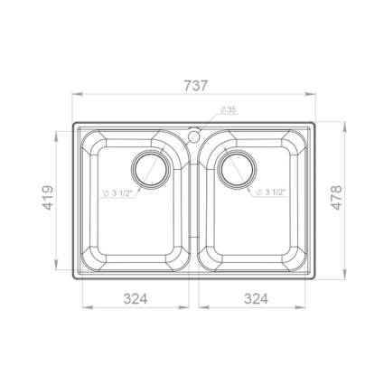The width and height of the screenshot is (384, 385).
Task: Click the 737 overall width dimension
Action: [196, 86]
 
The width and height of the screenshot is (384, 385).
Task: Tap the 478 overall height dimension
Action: [336, 198]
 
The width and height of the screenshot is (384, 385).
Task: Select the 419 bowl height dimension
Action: [48, 198]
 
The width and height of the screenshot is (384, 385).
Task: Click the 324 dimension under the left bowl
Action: [136, 299]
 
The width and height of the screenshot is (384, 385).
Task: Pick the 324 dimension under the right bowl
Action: [256, 299]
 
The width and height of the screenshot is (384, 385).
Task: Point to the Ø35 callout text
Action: [228, 110]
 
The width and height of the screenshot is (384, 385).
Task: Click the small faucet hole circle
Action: [193, 136]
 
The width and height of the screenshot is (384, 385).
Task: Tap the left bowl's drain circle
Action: [151, 169]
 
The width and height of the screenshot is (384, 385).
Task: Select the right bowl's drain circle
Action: [237, 169]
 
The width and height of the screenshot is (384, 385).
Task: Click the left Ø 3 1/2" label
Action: [117, 193]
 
